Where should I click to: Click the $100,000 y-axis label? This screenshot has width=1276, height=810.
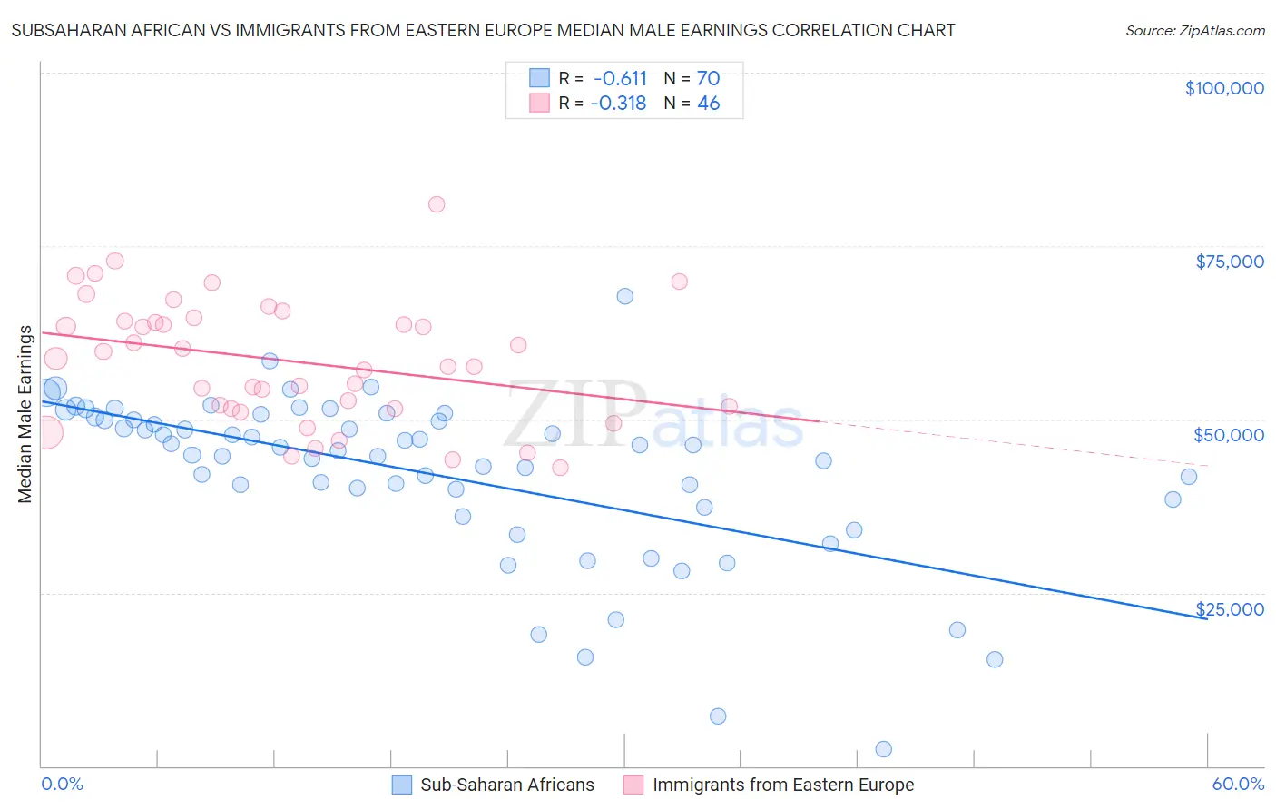tap(1224, 88)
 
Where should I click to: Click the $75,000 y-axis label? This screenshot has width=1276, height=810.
tap(1230, 262)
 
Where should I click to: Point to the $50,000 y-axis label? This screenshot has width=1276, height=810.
tap(1229, 435)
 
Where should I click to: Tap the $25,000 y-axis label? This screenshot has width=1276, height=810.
tap(1230, 609)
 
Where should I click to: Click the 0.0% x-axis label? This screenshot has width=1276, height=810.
tap(62, 784)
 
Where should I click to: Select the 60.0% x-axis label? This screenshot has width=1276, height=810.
tap(1238, 784)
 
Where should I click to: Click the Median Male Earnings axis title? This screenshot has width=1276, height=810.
tap(25, 414)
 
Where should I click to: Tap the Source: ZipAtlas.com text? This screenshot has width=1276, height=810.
tap(1194, 31)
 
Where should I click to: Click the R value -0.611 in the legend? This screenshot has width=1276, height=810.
tap(620, 78)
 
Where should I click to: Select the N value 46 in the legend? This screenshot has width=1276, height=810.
tap(708, 104)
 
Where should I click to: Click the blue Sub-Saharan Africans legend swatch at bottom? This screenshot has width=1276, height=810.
tap(402, 785)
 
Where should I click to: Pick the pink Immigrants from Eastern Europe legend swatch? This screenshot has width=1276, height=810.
tap(633, 785)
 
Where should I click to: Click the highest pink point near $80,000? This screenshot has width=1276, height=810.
tap(437, 204)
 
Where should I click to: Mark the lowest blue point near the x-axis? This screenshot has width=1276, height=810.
tap(884, 749)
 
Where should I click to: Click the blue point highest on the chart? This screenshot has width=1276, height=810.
tap(624, 296)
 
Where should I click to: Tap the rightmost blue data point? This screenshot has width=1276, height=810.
tap(1189, 477)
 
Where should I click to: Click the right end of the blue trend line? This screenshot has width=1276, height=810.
tap(1206, 617)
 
